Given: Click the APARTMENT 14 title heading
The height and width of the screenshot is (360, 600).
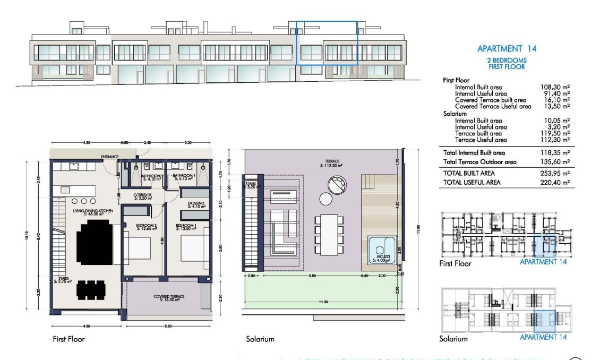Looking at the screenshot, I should point(507,48).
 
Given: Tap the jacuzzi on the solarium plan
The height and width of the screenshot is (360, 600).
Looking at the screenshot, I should point(381,250).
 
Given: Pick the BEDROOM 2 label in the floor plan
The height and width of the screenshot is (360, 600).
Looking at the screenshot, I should point(146,226).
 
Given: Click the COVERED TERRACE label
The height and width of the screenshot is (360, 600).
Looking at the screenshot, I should point(169,296).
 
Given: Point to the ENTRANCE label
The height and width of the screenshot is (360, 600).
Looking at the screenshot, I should point(109,157).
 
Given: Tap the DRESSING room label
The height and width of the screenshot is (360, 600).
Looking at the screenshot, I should point(196,203).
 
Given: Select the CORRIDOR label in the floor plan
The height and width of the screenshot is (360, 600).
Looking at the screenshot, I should point(143,195).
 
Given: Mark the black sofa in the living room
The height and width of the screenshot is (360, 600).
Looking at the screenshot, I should point(96,243).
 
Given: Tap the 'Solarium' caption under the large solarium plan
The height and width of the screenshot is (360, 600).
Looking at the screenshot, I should point(260,339).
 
